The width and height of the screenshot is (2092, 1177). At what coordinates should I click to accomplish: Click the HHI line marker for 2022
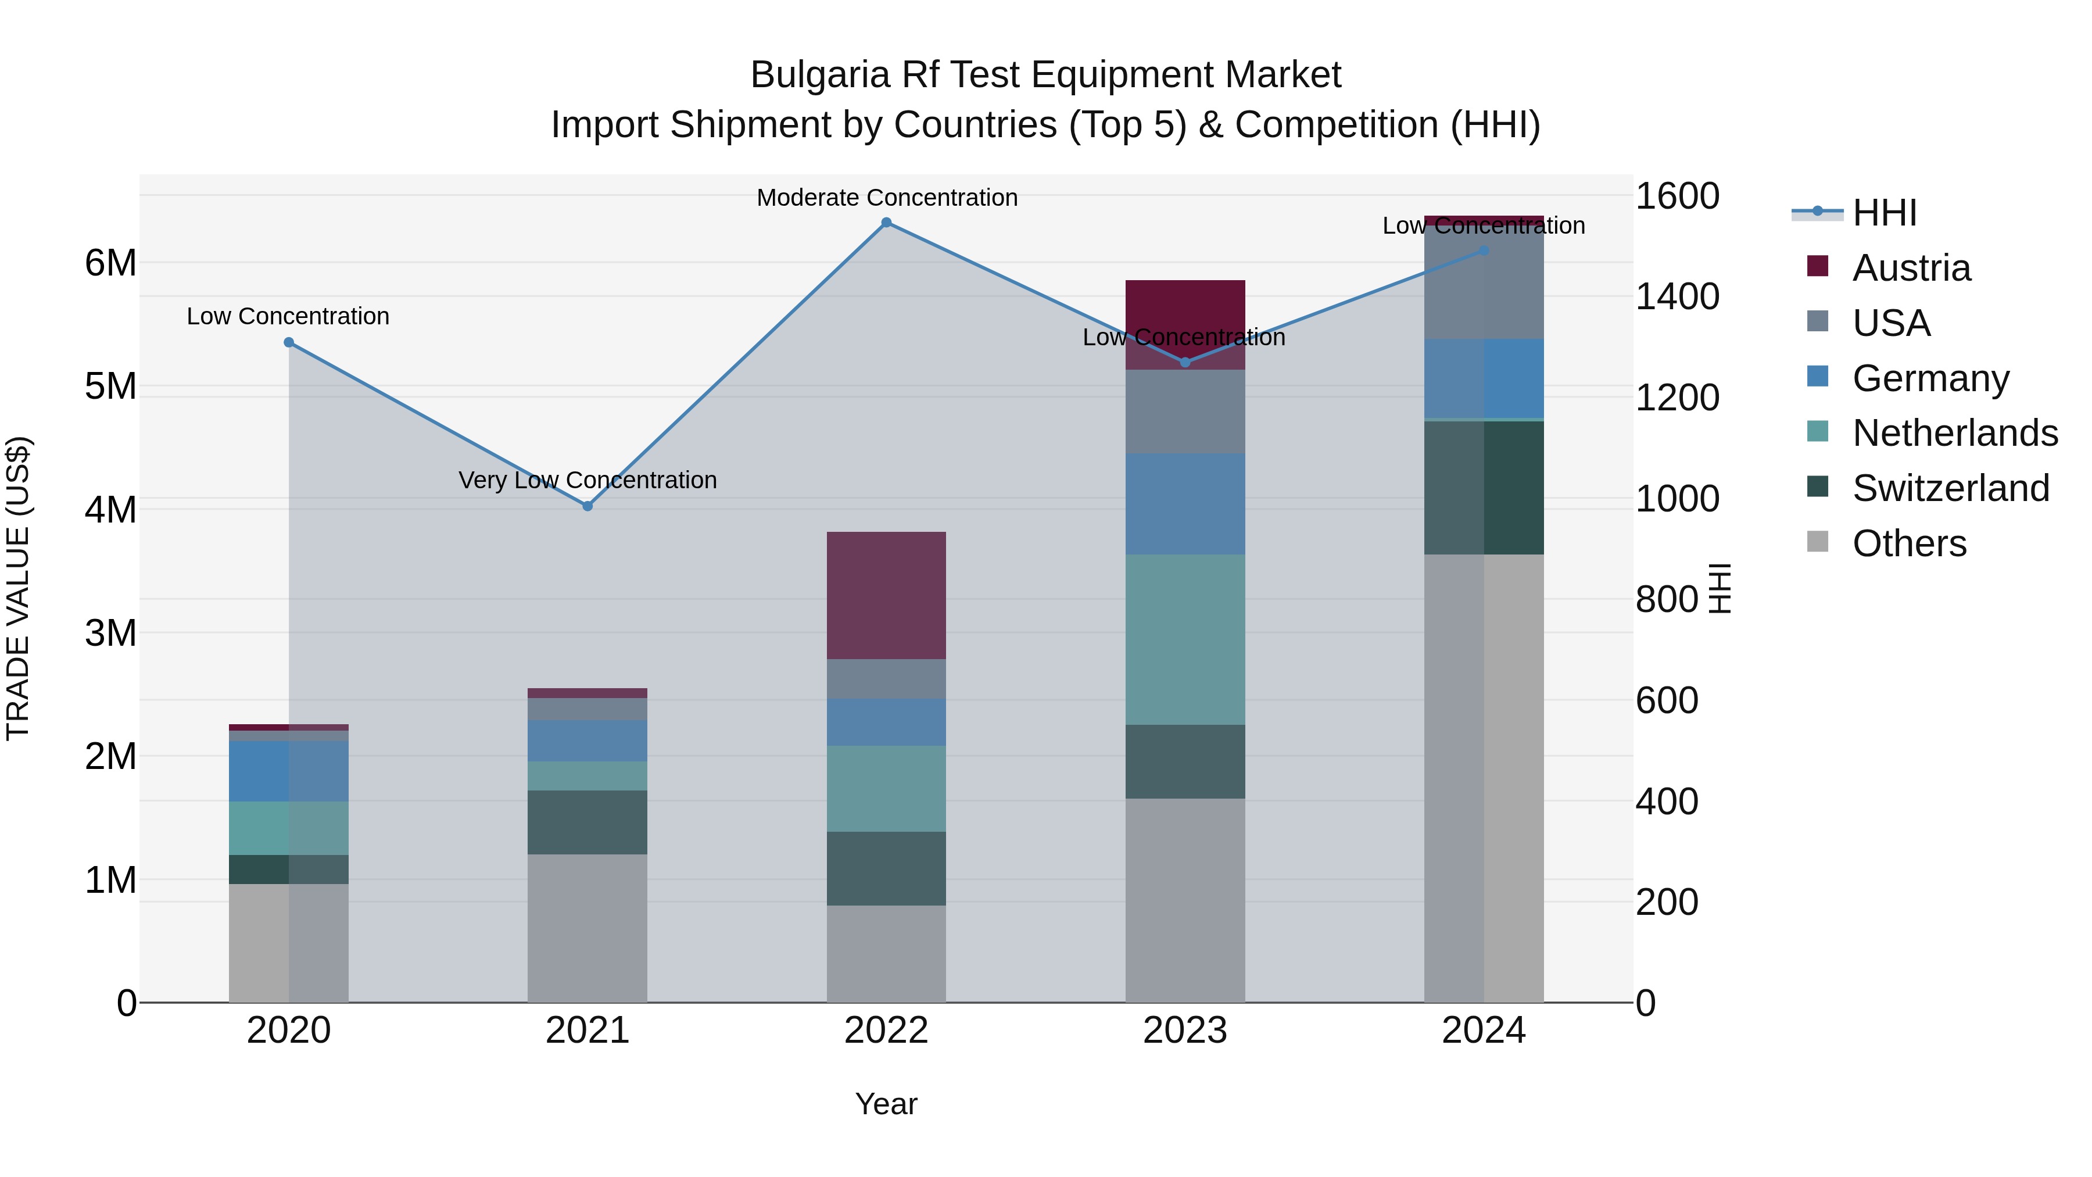tap(886, 223)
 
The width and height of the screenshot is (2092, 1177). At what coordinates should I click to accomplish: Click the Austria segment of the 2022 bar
tap(886, 595)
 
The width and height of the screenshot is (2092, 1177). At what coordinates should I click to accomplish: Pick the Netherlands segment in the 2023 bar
tap(1185, 639)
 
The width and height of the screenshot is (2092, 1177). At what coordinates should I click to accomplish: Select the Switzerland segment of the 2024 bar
tap(1484, 488)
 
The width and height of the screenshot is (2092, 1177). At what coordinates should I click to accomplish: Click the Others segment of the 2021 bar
tap(587, 928)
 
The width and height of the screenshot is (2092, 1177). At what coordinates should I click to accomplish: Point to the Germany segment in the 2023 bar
tap(1185, 503)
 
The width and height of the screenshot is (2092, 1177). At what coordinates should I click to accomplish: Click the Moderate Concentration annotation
tap(887, 198)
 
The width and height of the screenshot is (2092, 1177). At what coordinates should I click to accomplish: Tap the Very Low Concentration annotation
tap(587, 480)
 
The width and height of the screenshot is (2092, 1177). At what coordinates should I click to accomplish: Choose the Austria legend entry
tap(1911, 268)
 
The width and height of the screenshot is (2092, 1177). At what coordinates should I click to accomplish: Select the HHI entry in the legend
tap(1884, 213)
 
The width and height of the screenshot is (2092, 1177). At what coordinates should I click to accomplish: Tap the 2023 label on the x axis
tap(1185, 1031)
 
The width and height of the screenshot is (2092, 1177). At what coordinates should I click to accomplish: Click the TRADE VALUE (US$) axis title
tap(18, 588)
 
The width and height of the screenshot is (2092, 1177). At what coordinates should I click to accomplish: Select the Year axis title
tap(886, 1104)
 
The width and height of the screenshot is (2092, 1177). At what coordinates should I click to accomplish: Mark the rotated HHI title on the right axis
tap(1720, 588)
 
